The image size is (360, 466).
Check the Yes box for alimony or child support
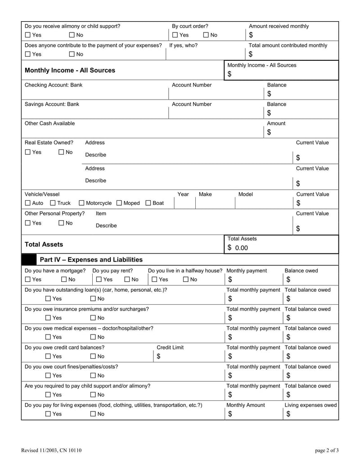28,35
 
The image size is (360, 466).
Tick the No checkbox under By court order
206,35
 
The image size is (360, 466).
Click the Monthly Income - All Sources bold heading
70,70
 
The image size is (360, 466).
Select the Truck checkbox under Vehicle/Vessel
53,203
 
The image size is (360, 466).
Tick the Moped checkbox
119,203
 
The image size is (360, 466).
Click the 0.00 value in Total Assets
241,248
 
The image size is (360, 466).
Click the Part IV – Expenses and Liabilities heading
91,260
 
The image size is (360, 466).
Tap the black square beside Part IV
29,260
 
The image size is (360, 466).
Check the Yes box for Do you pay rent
98,280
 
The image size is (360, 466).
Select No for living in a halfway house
185,280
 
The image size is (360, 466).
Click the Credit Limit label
170,348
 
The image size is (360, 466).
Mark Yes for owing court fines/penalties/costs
48,376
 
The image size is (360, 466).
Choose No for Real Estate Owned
62,152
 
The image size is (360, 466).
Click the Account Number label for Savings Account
191,104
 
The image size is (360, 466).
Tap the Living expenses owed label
310,405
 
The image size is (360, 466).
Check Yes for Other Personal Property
28,223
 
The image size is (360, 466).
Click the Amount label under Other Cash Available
276,123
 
